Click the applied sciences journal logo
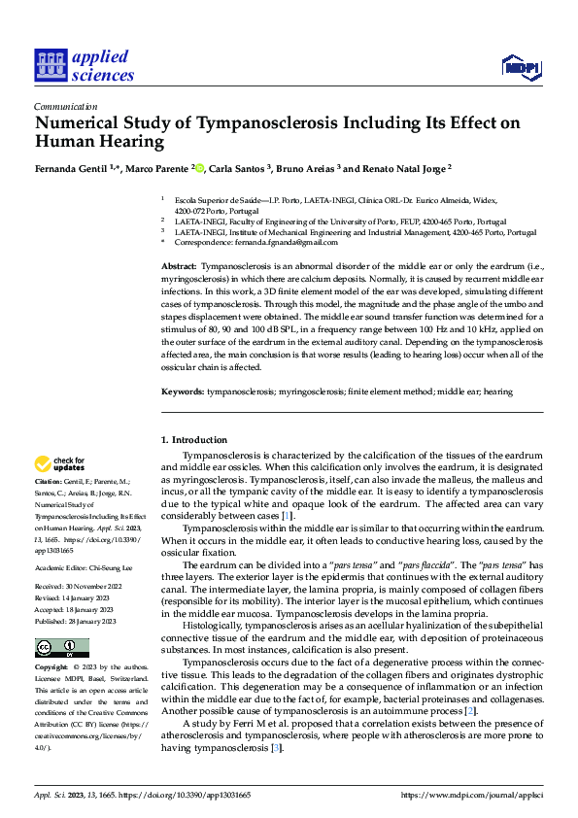[84, 65]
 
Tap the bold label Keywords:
[182, 392]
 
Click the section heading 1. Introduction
[192, 440]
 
